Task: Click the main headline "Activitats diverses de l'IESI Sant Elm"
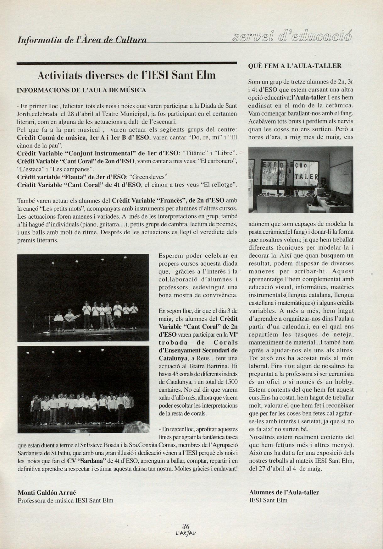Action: click(x=126, y=75)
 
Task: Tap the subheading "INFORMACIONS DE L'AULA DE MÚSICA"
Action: click(x=81, y=90)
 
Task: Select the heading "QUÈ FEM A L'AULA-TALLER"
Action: click(x=295, y=66)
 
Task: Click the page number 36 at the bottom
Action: click(x=186, y=527)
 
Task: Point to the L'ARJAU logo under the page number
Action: click(x=187, y=533)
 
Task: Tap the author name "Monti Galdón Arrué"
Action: click(x=47, y=492)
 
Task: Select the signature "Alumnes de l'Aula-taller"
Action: click(x=284, y=492)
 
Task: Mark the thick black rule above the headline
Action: click(x=126, y=63)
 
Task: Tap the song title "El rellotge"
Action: click(x=218, y=185)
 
